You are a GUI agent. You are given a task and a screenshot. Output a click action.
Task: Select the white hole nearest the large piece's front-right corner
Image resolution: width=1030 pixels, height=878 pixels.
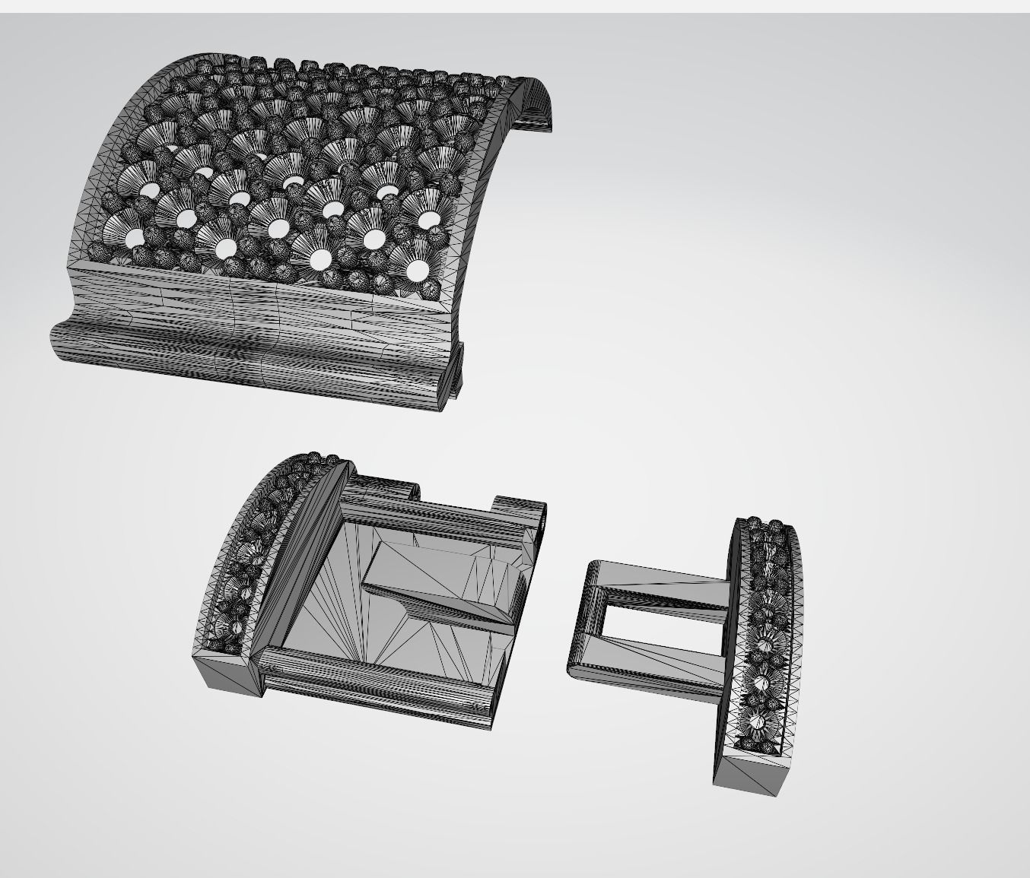[418, 270]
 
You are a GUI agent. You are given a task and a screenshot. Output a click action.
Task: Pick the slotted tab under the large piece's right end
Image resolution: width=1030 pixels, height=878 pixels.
[456, 372]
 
